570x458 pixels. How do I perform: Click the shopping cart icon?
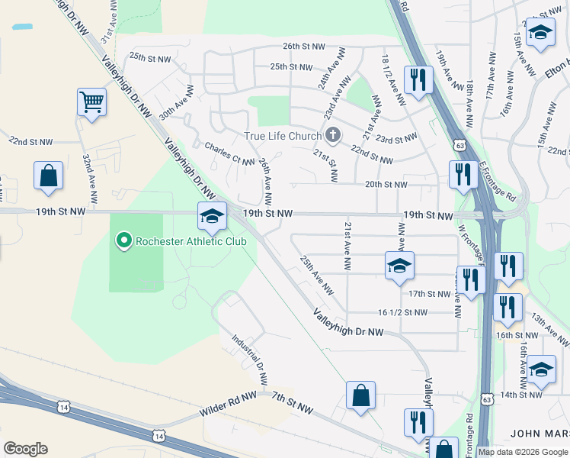[x=91, y=102]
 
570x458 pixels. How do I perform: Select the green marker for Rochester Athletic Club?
[x=123, y=242]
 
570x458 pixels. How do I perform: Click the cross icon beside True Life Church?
[x=332, y=136]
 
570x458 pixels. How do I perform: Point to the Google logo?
[x=25, y=449]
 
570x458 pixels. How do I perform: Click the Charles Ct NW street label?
[x=229, y=151]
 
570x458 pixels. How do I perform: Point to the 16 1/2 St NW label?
[x=402, y=312]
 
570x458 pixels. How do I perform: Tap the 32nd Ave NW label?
[x=90, y=179]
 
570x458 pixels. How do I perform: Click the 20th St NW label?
[x=386, y=184]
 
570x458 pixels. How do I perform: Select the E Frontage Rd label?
[x=498, y=182]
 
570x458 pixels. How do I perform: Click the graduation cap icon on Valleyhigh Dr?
[x=212, y=216]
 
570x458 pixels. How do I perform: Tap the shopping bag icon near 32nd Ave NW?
[x=48, y=176]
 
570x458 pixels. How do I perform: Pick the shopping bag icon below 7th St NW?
[x=360, y=395]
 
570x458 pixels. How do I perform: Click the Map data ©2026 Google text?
[x=522, y=452]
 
